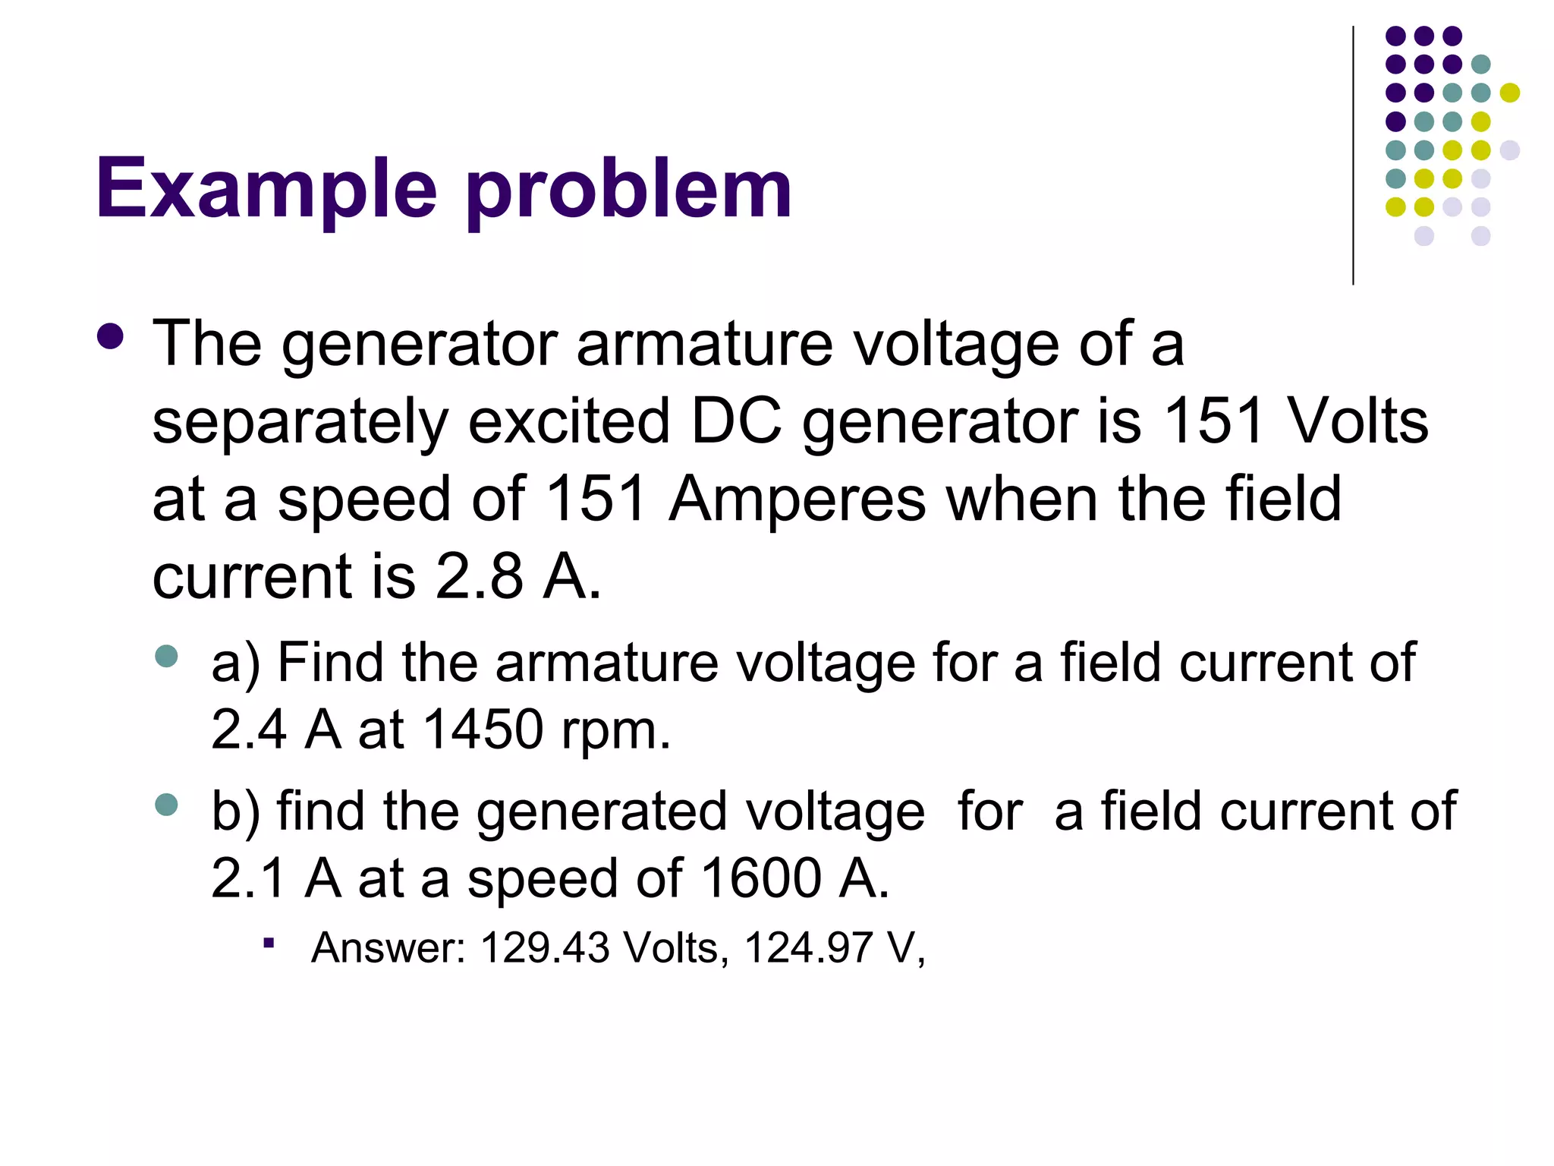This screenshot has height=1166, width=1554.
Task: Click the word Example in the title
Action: pos(266,188)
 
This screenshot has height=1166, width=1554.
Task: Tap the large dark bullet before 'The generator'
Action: pos(111,337)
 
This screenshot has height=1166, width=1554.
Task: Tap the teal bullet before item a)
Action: pos(166,656)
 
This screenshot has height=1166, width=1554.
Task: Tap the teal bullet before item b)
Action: pos(166,804)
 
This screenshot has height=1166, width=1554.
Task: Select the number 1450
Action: pos(483,730)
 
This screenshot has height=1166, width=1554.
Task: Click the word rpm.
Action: pos(615,731)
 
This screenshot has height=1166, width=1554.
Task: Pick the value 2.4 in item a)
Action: pos(248,730)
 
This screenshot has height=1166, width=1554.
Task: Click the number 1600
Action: pos(761,878)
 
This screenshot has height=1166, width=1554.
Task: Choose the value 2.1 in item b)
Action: pos(248,878)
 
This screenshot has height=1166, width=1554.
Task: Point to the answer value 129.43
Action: pos(545,947)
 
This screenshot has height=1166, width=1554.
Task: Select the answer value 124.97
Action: pos(808,947)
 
